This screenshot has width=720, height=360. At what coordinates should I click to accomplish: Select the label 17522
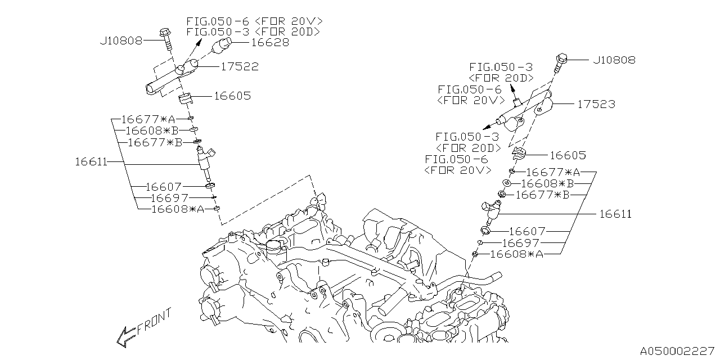[239, 66]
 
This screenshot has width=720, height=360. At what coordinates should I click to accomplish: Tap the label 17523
[595, 104]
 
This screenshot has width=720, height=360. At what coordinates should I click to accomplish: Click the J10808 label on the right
[614, 60]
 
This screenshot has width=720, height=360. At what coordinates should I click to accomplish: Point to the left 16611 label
[91, 161]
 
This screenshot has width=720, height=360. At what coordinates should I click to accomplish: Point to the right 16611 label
[615, 214]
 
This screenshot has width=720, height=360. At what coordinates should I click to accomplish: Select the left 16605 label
[232, 96]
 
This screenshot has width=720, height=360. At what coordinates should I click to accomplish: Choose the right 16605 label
[568, 155]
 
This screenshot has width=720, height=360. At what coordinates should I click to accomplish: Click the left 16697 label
[170, 198]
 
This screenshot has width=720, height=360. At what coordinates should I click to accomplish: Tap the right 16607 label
[528, 231]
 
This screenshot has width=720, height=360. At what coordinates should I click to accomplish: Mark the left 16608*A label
[178, 209]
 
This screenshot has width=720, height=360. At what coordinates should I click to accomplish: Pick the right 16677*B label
[543, 195]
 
